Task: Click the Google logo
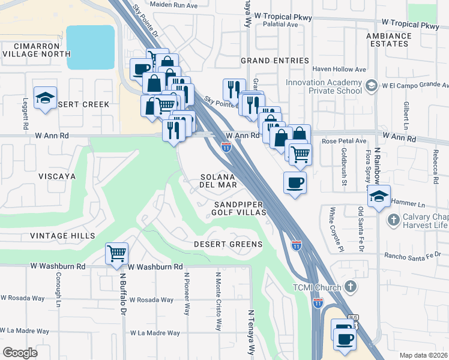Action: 20,352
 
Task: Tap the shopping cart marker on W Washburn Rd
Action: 116,253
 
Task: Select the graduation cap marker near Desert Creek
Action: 45,100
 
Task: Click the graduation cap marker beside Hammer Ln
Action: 379,196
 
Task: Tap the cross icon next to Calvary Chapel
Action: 393,220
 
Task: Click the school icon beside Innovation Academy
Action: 372,86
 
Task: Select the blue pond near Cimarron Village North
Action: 90,47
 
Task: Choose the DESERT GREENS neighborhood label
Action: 228,244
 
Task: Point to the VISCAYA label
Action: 57,176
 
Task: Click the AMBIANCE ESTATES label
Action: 389,40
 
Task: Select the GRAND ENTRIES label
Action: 274,61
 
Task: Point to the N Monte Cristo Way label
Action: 218,300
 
